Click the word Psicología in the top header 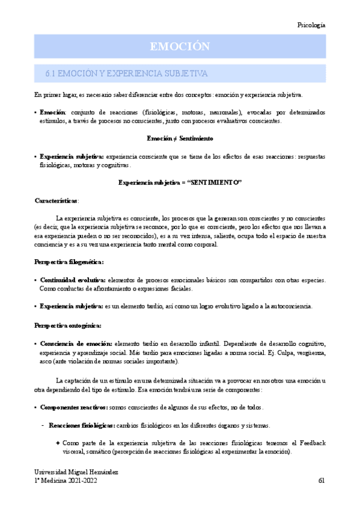coord(311,25)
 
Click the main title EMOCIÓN coord(180,46)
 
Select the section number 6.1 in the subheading coord(50,73)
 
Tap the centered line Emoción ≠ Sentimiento coord(180,138)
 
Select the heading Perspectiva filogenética coord(69,262)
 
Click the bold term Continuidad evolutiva coord(72,280)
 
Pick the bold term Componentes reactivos coord(74,407)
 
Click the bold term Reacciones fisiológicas coord(82,425)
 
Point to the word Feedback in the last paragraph coord(312,443)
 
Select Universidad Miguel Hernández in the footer coord(76,473)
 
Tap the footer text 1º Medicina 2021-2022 coord(66,481)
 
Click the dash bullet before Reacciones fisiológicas coord(41,425)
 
